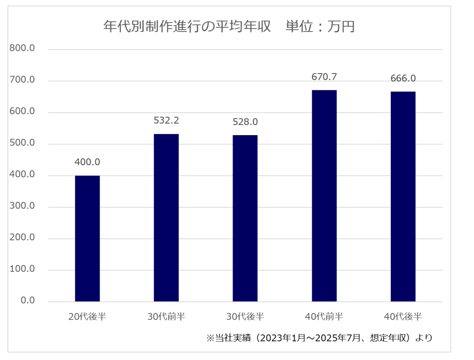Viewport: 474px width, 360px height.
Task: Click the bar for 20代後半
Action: tap(87, 238)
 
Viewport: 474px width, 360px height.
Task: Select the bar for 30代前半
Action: tap(166, 217)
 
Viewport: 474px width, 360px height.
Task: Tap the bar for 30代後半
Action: tap(245, 218)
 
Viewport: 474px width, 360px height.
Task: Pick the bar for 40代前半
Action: tap(324, 196)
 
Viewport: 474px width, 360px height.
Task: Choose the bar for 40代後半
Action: tap(403, 196)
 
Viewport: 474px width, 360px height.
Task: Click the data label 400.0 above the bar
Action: tap(87, 162)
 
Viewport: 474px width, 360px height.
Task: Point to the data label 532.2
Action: tap(166, 121)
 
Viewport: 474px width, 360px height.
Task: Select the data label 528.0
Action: tap(245, 122)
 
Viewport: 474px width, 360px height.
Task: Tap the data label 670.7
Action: tap(324, 77)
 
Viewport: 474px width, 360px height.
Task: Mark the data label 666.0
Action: tap(403, 78)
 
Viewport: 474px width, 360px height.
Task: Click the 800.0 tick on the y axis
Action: tap(22, 49)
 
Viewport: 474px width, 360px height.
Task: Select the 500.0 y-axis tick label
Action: tap(22, 143)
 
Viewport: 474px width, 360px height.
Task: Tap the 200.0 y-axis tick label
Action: tap(22, 238)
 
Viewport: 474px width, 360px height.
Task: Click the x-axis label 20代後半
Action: tap(87, 317)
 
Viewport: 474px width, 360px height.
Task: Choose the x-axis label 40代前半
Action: tap(324, 317)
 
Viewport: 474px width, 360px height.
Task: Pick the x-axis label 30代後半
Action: tap(245, 317)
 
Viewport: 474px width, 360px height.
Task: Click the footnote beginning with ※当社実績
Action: tap(319, 338)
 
